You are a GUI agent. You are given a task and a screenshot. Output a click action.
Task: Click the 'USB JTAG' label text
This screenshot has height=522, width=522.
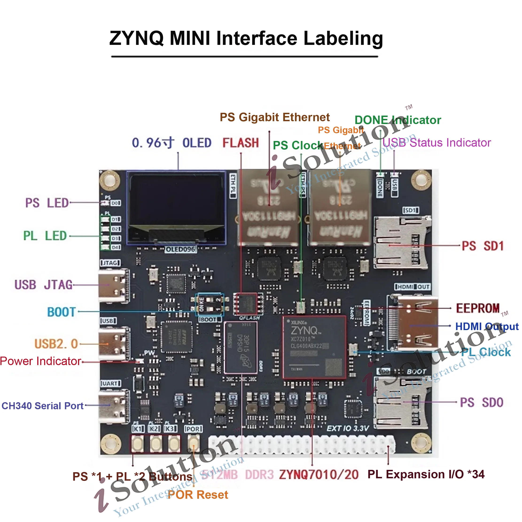pos(43,285)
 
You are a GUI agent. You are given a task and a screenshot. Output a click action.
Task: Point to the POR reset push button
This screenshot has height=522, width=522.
pos(193,443)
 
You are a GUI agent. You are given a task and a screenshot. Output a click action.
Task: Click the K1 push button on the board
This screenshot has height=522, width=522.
pos(137,443)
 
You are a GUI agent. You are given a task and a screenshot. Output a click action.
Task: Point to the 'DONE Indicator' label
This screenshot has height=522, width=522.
pos(398,120)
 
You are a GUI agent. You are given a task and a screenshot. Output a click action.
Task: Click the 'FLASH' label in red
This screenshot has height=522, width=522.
pos(241,143)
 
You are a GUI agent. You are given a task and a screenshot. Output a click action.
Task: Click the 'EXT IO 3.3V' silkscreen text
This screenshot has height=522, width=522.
pos(348,429)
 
